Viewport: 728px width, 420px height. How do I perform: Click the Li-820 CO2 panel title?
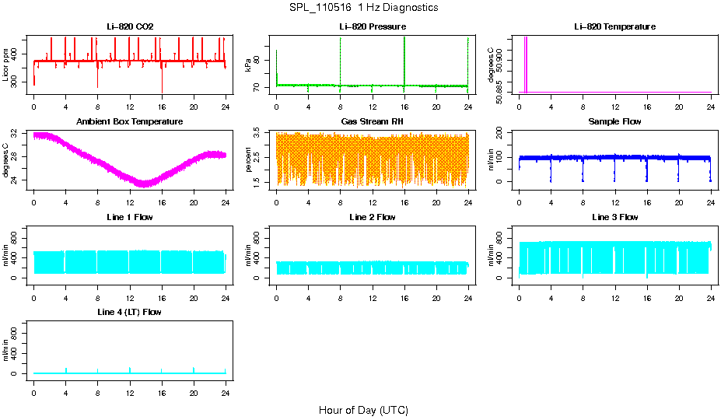coord(130,27)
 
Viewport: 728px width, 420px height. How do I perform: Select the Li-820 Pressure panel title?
coord(372,27)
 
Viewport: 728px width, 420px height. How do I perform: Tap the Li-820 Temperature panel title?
coord(614,27)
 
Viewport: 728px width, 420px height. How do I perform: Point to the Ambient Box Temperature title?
coord(130,122)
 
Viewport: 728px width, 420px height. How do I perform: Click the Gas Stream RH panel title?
coord(372,122)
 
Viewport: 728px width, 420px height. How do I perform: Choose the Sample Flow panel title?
coord(614,122)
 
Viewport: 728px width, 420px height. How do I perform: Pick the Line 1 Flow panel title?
coord(130,217)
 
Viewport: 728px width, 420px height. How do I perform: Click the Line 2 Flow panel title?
coord(372,217)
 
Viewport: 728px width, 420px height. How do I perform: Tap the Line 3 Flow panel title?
coord(614,217)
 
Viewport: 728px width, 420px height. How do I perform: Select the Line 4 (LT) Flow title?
coord(130,312)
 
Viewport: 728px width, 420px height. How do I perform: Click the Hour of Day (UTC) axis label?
coord(363,410)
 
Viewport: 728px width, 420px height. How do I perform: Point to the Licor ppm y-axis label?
coord(6,65)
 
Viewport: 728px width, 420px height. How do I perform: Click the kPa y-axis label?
coord(248,65)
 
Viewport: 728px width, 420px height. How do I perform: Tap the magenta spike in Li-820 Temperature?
coord(526,62)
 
